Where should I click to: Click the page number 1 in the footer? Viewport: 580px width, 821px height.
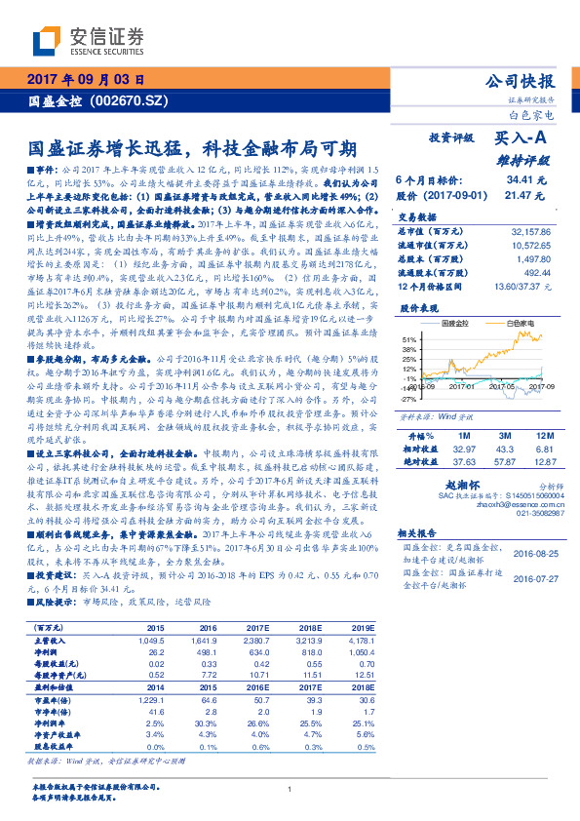tap(290, 791)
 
